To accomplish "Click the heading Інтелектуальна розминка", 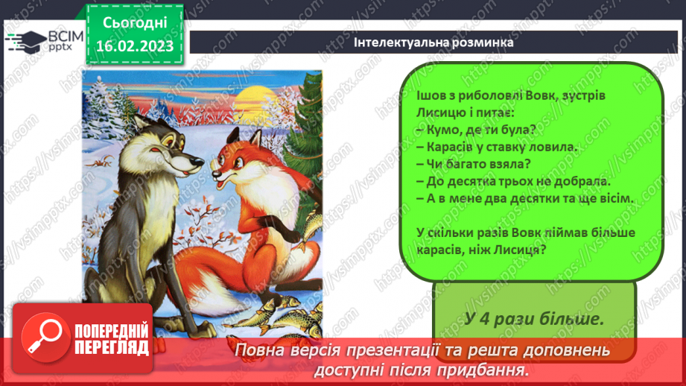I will pyautogui.click(x=434, y=42).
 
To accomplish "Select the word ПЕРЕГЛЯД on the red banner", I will pyautogui.click(x=111, y=348).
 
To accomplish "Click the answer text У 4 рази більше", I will pyautogui.click(x=533, y=318).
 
